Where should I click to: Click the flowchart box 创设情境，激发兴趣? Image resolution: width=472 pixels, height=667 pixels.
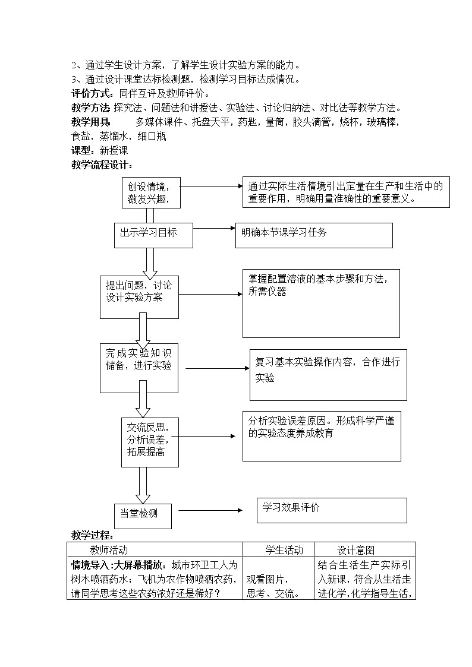click(x=150, y=192)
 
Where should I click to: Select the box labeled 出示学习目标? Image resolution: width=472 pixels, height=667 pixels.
click(x=153, y=235)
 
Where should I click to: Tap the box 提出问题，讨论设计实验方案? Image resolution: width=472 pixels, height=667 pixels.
click(x=139, y=296)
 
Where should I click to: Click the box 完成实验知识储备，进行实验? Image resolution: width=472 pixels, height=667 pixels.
click(x=139, y=367)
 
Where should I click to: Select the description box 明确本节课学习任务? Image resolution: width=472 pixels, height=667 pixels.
click(x=314, y=235)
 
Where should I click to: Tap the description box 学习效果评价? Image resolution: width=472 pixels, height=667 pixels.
click(x=332, y=510)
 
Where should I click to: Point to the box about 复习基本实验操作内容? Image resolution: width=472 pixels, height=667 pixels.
click(x=328, y=374)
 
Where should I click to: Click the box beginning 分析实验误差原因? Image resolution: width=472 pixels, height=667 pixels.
click(x=321, y=435)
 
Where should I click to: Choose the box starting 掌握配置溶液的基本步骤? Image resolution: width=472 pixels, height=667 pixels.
click(x=321, y=303)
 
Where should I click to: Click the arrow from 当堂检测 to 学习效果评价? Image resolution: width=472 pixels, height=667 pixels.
click(x=210, y=510)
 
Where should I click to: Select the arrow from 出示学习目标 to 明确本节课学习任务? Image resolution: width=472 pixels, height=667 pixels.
click(x=214, y=228)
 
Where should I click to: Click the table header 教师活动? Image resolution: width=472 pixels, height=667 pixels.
click(x=109, y=550)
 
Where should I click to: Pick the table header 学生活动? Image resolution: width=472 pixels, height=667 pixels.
click(x=284, y=550)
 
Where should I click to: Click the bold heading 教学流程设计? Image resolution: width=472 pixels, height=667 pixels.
click(x=102, y=165)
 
